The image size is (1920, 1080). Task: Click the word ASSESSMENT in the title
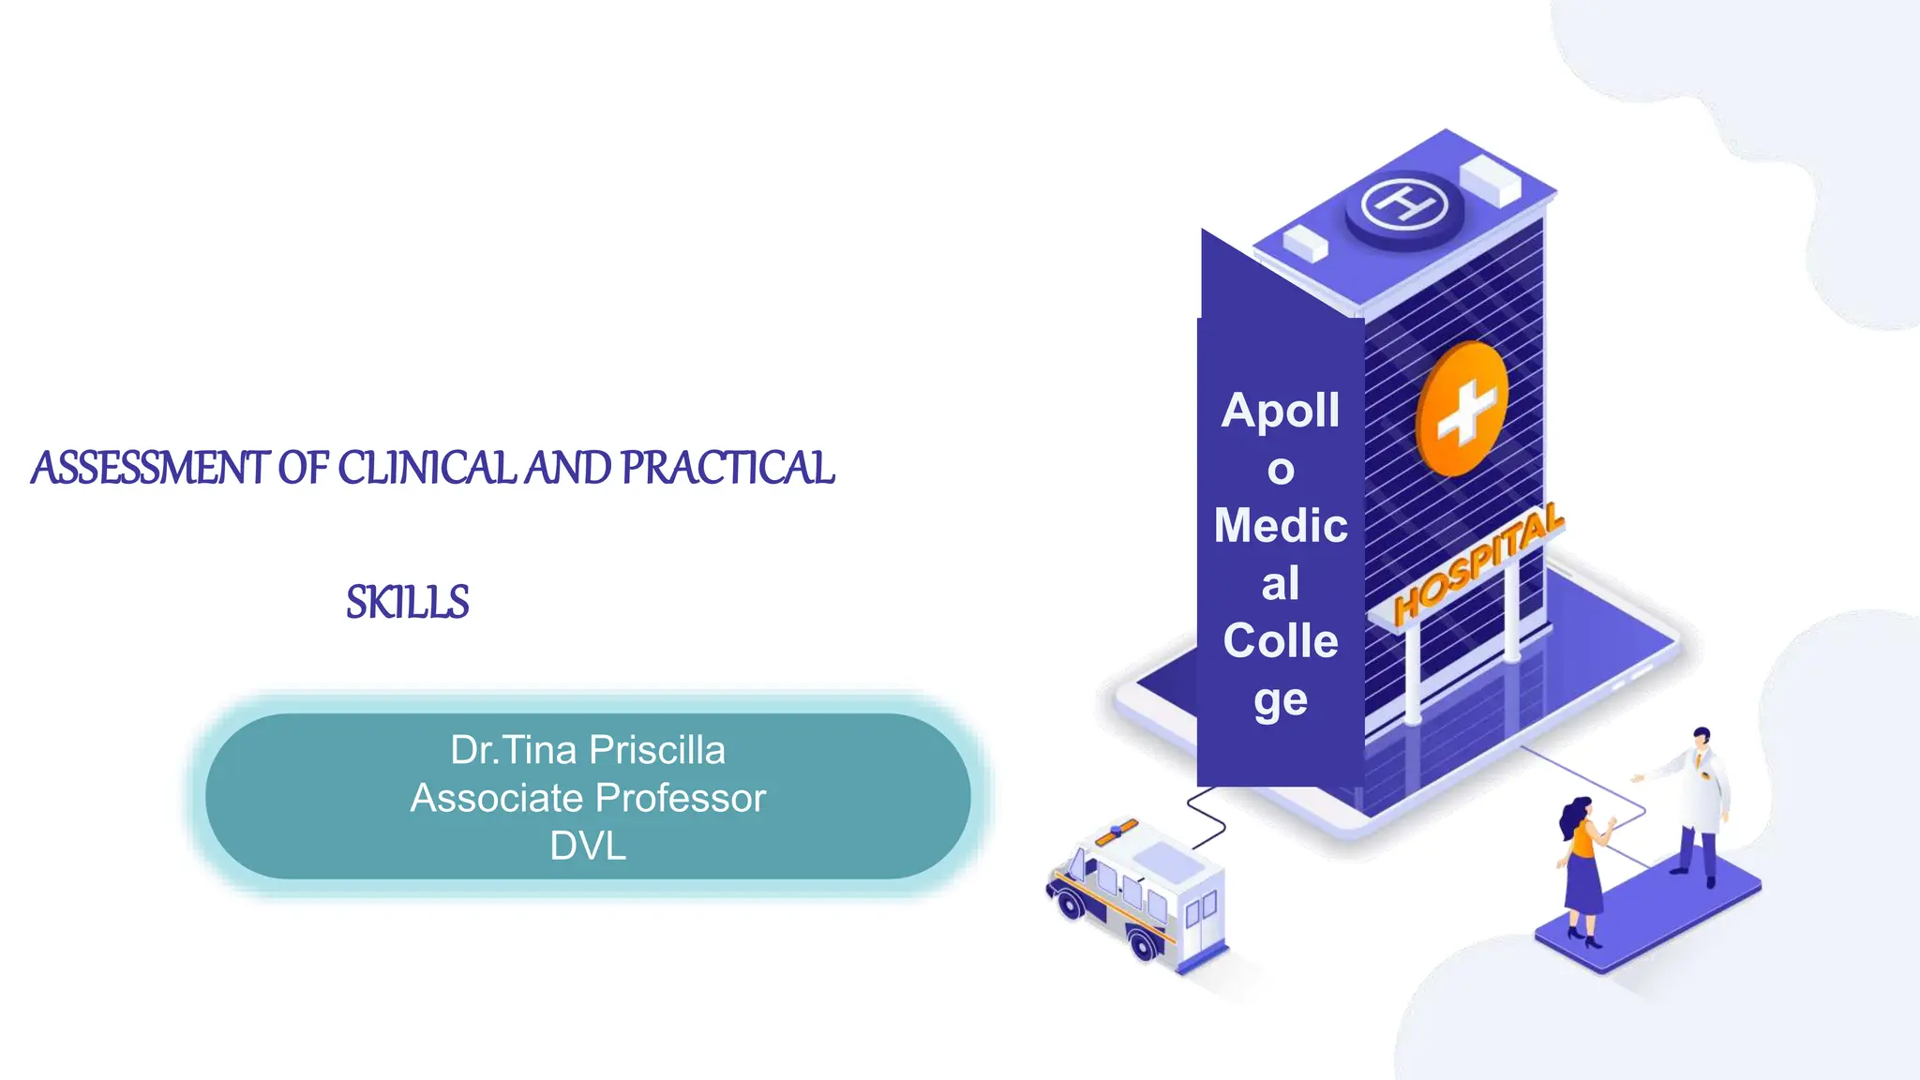pyautogui.click(x=150, y=468)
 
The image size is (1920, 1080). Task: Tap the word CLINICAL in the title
pyautogui.click(x=427, y=468)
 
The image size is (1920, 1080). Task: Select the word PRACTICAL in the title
pyautogui.click(x=727, y=468)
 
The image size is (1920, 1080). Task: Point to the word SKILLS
pyautogui.click(x=408, y=602)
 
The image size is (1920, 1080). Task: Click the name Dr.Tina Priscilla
pyautogui.click(x=588, y=750)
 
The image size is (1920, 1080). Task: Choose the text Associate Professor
pyautogui.click(x=588, y=798)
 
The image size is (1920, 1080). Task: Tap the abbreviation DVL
pyautogui.click(x=588, y=846)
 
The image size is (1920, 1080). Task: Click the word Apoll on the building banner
pyautogui.click(x=1281, y=411)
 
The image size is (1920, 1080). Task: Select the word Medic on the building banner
pyautogui.click(x=1281, y=525)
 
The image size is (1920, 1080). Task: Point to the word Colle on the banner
pyautogui.click(x=1281, y=641)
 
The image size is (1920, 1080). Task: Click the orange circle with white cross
pyautogui.click(x=1462, y=409)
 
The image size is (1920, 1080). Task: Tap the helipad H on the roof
pyautogui.click(x=1404, y=202)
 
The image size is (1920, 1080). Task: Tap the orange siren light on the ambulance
pyautogui.click(x=1117, y=831)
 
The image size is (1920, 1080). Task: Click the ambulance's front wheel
pyautogui.click(x=1069, y=905)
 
